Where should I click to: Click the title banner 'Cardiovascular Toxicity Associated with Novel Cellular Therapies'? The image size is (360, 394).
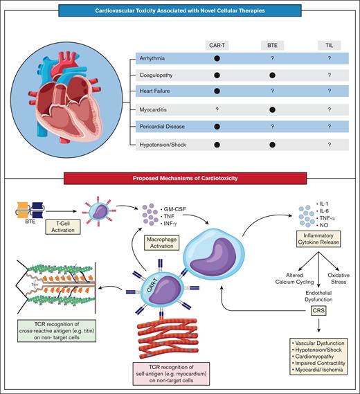180,12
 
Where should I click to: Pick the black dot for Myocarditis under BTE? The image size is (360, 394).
272,109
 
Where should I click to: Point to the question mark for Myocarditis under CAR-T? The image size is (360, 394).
217,109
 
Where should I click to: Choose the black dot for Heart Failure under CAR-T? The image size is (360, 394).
217,93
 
